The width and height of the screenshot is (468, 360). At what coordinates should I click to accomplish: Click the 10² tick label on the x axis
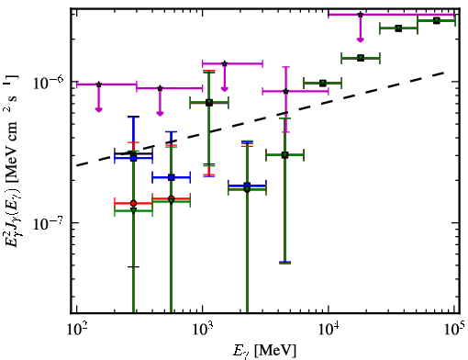[x=76, y=331]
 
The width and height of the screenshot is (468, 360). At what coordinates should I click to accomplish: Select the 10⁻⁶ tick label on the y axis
[x=48, y=82]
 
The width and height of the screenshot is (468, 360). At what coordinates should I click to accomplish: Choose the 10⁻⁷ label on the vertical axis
[x=48, y=223]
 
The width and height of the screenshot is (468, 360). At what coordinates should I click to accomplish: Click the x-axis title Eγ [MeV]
[x=264, y=351]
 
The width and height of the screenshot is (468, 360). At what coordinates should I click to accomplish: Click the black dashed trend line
[x=261, y=119]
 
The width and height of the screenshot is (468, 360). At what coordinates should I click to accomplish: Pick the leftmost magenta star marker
[x=98, y=84]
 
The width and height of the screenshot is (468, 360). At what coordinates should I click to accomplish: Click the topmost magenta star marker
[x=361, y=15]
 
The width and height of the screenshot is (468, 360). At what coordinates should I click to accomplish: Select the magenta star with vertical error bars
[x=285, y=91]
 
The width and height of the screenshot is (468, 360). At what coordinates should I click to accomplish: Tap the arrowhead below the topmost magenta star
[x=361, y=39]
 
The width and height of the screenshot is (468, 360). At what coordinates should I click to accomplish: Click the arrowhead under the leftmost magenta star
[x=98, y=109]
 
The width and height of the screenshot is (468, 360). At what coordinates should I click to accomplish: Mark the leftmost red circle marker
[x=133, y=203]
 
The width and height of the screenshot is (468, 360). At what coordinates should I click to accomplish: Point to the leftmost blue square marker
[x=133, y=158]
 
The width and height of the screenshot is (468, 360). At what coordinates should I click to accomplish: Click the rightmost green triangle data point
[x=437, y=21]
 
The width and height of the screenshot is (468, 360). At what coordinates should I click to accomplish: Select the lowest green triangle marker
[x=133, y=210]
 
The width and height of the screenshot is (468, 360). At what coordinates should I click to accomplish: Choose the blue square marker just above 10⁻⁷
[x=247, y=186]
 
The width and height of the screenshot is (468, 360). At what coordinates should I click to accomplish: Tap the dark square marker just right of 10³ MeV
[x=209, y=103]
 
